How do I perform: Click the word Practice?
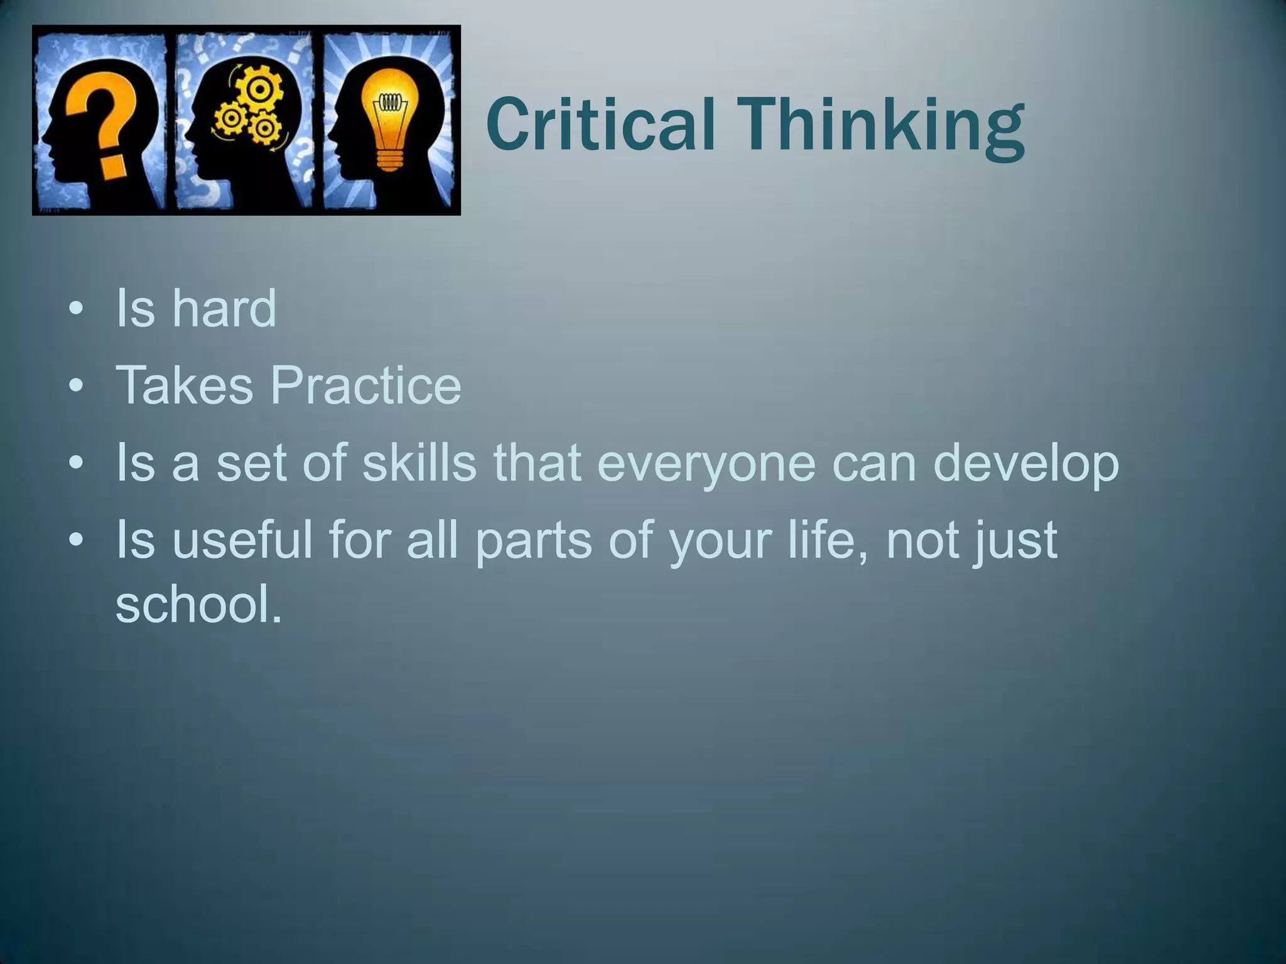[x=366, y=385]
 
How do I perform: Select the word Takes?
[x=184, y=385]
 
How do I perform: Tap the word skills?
[x=419, y=463]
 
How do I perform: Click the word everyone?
[x=706, y=463]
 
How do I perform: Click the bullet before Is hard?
[x=76, y=310]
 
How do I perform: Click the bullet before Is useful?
[x=76, y=540]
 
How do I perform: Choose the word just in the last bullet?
[x=1015, y=541]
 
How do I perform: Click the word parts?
[x=532, y=541]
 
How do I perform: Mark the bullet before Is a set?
[x=76, y=464]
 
